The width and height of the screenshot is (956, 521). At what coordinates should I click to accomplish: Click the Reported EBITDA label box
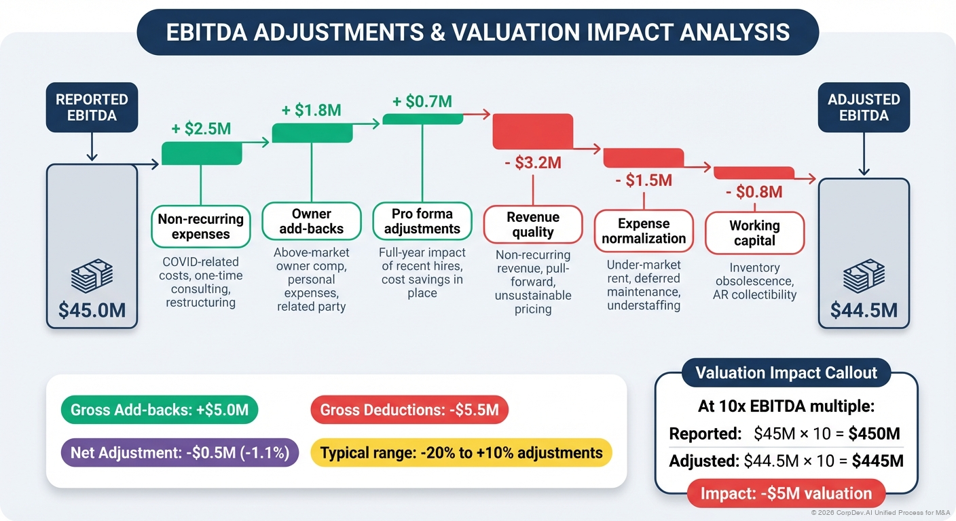92,107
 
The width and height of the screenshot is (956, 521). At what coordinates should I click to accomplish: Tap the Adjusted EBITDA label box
864,107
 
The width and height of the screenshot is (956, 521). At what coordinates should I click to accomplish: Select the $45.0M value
92,310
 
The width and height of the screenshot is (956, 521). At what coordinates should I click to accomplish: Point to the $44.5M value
864,310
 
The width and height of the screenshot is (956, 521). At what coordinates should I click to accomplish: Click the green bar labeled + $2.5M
202,153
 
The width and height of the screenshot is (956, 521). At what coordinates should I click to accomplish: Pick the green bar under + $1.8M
312,133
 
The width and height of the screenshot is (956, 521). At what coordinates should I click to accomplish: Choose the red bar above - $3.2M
532,131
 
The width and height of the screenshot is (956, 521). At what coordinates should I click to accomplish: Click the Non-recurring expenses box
200,227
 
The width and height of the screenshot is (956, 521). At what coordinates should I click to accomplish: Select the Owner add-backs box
312,222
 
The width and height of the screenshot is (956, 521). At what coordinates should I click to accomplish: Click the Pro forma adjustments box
422,222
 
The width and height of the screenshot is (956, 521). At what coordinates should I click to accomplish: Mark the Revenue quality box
533,225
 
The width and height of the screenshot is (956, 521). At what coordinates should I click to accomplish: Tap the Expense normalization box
644,231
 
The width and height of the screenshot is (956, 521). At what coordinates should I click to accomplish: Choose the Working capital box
754,232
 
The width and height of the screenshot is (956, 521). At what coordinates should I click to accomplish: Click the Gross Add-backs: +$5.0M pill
160,410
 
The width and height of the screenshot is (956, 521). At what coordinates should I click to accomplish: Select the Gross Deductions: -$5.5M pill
409,410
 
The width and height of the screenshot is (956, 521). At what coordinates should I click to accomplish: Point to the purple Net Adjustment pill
179,452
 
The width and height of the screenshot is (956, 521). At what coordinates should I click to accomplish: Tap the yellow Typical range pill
461,452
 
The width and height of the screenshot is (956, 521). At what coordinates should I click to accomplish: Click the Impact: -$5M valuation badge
786,493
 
